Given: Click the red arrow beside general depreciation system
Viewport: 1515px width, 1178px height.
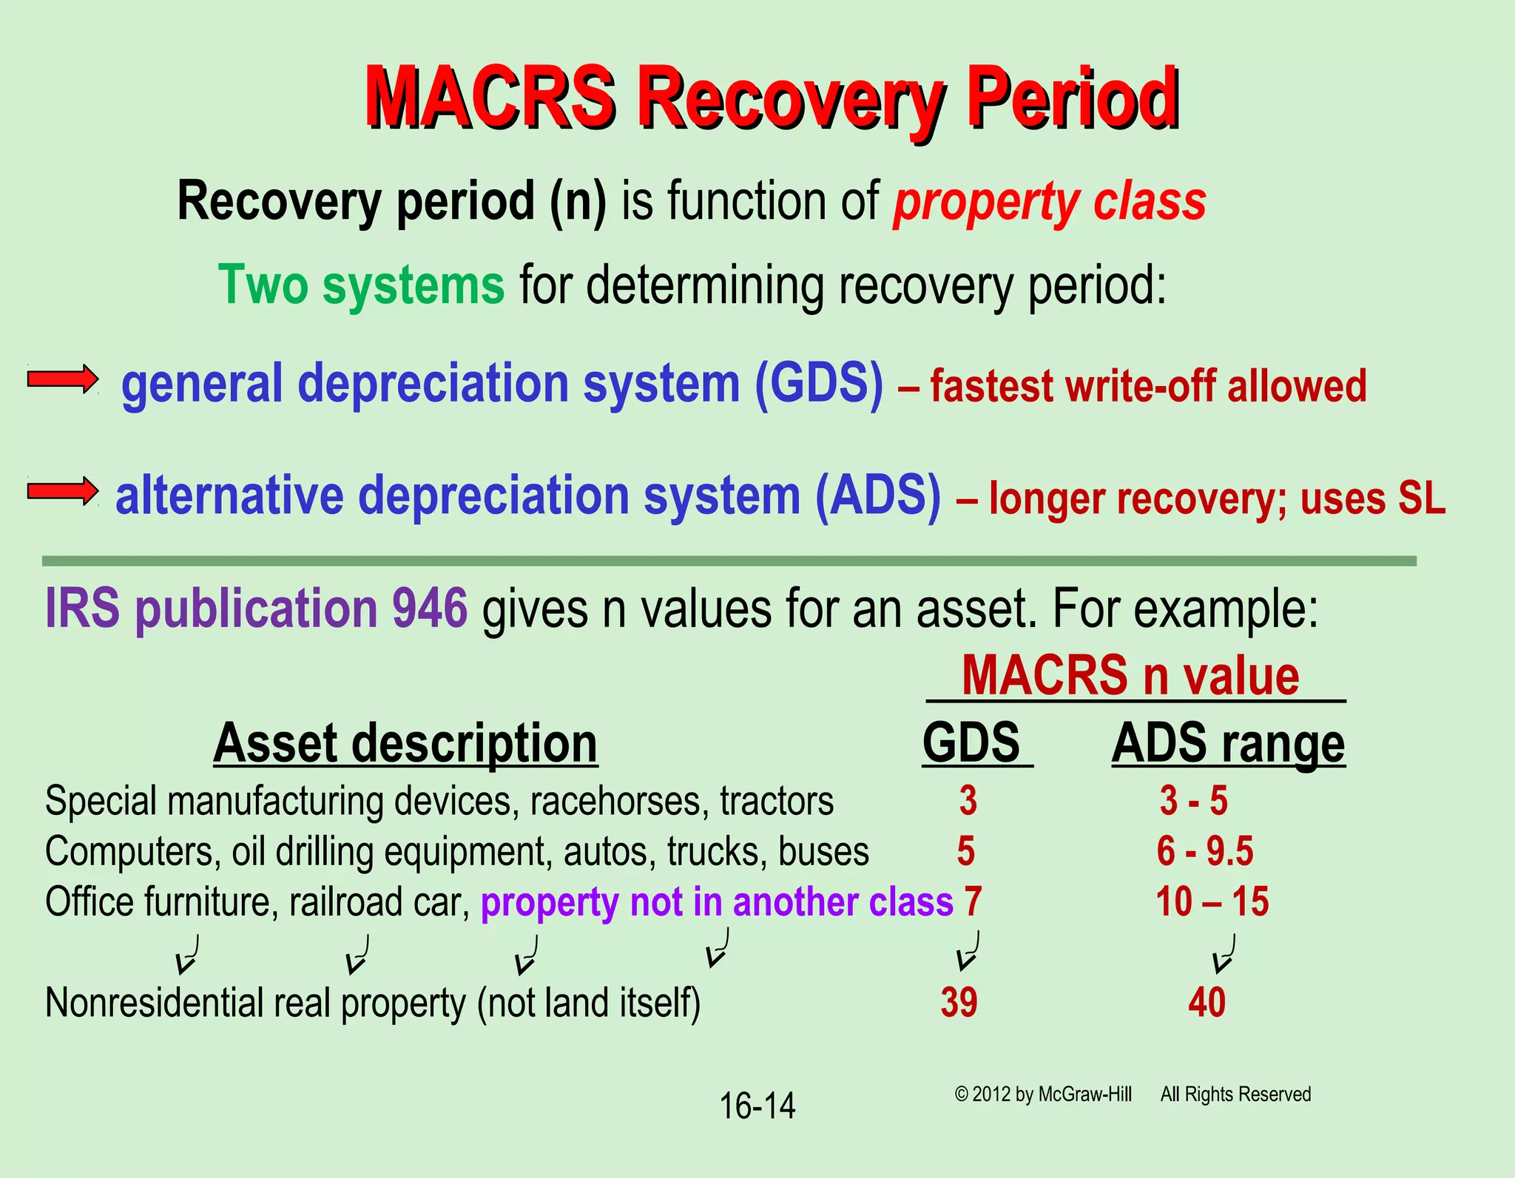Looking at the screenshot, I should tap(62, 379).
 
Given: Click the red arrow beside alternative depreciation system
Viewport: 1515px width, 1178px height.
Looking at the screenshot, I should tap(62, 490).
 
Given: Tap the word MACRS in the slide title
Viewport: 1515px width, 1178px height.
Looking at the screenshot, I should tap(490, 98).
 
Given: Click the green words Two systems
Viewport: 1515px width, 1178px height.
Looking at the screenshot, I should tap(362, 285).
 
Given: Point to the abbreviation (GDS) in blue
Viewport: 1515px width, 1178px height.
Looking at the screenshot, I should tap(819, 383).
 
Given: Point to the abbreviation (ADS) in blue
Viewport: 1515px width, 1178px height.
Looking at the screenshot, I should tap(878, 494).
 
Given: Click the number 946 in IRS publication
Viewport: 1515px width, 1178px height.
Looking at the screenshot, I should tap(430, 609).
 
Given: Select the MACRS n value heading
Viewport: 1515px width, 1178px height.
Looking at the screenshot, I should tap(1130, 676).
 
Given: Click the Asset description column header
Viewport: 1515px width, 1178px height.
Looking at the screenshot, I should tap(405, 743).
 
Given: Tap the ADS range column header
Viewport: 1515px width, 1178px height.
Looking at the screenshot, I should tap(1228, 743).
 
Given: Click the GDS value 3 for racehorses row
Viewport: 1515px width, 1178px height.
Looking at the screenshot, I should tap(968, 801).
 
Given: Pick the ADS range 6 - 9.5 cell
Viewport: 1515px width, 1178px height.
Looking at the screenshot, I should tap(1205, 851).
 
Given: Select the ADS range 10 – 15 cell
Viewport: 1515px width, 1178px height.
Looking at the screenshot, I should tap(1212, 901).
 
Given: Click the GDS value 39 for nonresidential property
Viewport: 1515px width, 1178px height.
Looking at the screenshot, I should tap(959, 1003).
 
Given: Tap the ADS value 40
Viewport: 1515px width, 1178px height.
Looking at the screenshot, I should tap(1207, 1003).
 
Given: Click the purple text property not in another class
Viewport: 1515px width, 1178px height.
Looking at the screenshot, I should tap(717, 902).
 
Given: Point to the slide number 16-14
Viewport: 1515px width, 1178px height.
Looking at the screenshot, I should tap(757, 1106).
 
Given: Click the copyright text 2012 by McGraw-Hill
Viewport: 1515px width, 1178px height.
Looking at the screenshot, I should tap(1043, 1094).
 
